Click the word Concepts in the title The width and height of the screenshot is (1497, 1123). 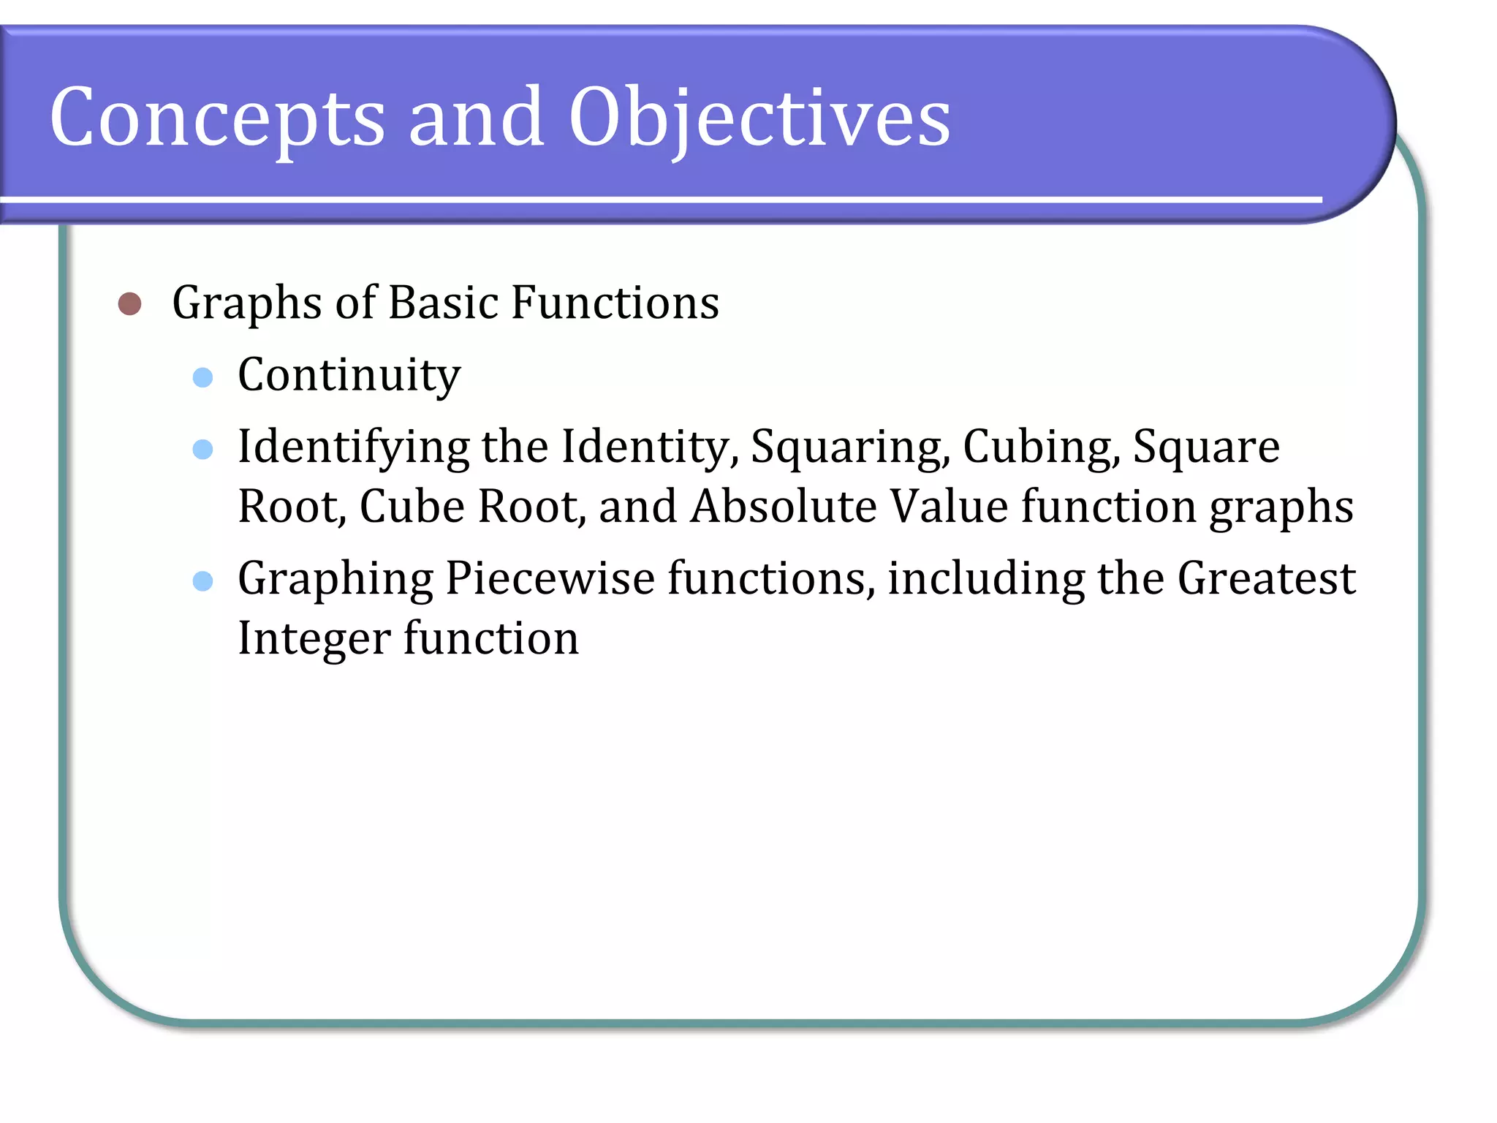coord(217,117)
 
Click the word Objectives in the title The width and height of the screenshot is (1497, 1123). coord(759,117)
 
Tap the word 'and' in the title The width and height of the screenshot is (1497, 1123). coord(476,117)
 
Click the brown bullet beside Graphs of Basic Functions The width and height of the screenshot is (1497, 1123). coord(129,303)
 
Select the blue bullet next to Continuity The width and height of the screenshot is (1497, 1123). coord(202,377)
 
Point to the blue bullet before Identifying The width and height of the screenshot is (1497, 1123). coord(202,449)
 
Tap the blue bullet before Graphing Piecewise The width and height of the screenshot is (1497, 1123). coord(202,581)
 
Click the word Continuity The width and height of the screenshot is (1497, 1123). coord(349,376)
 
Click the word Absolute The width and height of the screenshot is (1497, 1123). coord(783,507)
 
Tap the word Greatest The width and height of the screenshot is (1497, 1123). coord(1266,579)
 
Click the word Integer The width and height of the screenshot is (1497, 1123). coord(314,639)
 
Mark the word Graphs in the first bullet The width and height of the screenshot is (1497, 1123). coord(246,303)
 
